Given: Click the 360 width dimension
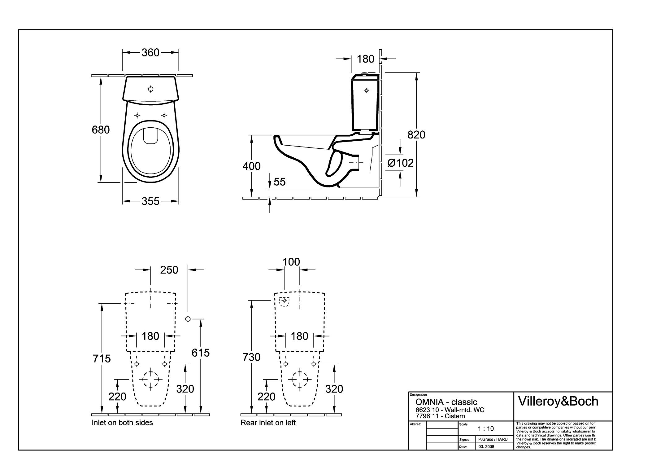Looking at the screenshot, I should [x=150, y=53].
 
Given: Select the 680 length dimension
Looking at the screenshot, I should [x=101, y=130].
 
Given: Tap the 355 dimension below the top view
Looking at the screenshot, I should [x=150, y=201].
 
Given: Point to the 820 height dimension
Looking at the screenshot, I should [x=416, y=135].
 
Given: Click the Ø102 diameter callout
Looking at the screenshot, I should [x=400, y=163].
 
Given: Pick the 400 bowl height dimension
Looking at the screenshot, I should [x=251, y=166].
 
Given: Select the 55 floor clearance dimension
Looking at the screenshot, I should [x=280, y=182].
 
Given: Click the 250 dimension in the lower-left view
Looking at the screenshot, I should [x=169, y=270].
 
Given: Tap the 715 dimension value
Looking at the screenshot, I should [x=102, y=359].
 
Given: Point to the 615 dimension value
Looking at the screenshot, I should [x=201, y=353].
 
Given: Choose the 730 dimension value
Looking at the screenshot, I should [x=251, y=357].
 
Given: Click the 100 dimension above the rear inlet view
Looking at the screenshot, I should [x=291, y=262].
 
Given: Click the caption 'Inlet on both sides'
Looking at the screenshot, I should [x=122, y=423].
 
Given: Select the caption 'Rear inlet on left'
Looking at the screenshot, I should [x=268, y=423].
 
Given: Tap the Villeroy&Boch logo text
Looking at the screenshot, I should [x=558, y=402].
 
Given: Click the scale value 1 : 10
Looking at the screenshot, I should [x=486, y=429].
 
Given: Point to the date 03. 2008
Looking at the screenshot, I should [x=486, y=446].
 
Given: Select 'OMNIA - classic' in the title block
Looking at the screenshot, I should [x=446, y=402].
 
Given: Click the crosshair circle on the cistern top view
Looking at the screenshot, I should [x=151, y=89].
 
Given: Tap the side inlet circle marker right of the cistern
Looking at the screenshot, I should [x=188, y=319].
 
